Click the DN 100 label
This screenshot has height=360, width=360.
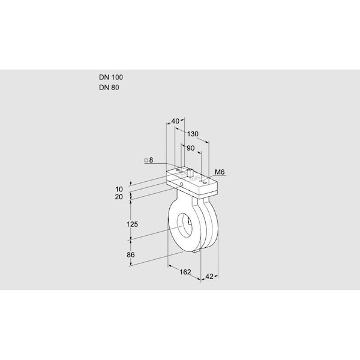[x=111, y=77]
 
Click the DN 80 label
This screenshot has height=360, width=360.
[x=109, y=88]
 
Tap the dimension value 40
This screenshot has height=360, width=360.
[x=175, y=122]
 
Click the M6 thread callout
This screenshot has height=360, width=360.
[x=220, y=172]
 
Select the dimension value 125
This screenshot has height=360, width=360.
[x=133, y=224]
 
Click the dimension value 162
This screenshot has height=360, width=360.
[x=185, y=272]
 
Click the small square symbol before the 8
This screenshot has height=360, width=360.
[x=146, y=160]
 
